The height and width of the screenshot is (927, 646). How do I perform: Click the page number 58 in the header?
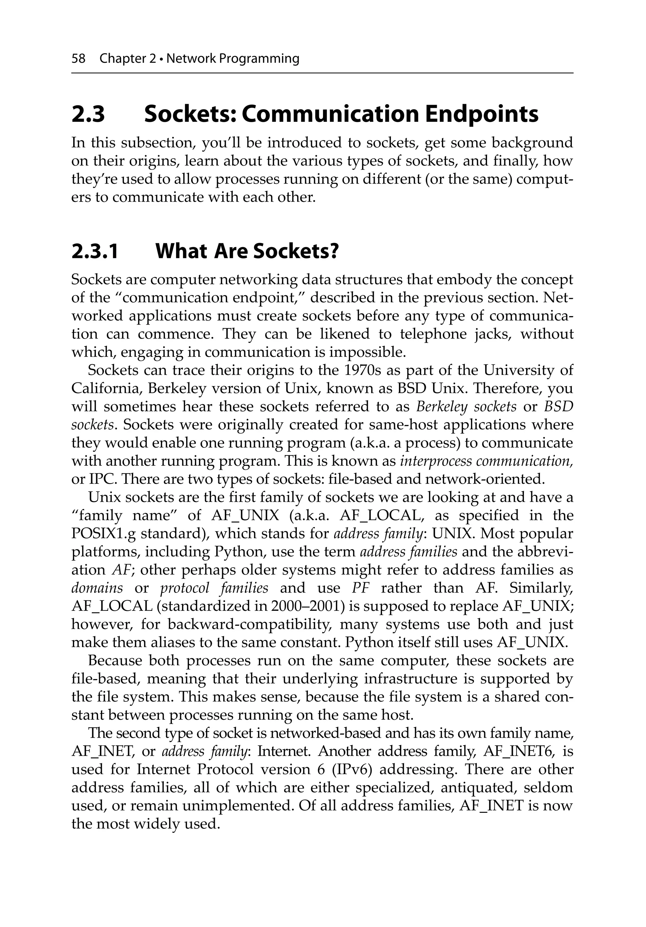[x=78, y=59]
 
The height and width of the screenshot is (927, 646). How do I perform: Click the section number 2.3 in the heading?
[x=88, y=114]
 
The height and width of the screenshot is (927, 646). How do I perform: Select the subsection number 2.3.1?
[x=95, y=251]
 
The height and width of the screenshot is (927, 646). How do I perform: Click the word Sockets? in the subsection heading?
[x=296, y=251]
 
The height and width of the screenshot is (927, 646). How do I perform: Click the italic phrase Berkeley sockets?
[x=466, y=407]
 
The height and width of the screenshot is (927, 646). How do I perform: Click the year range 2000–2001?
[x=306, y=606]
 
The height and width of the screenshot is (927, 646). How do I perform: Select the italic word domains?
[x=97, y=588]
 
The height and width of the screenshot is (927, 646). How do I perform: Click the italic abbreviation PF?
[x=361, y=588]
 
